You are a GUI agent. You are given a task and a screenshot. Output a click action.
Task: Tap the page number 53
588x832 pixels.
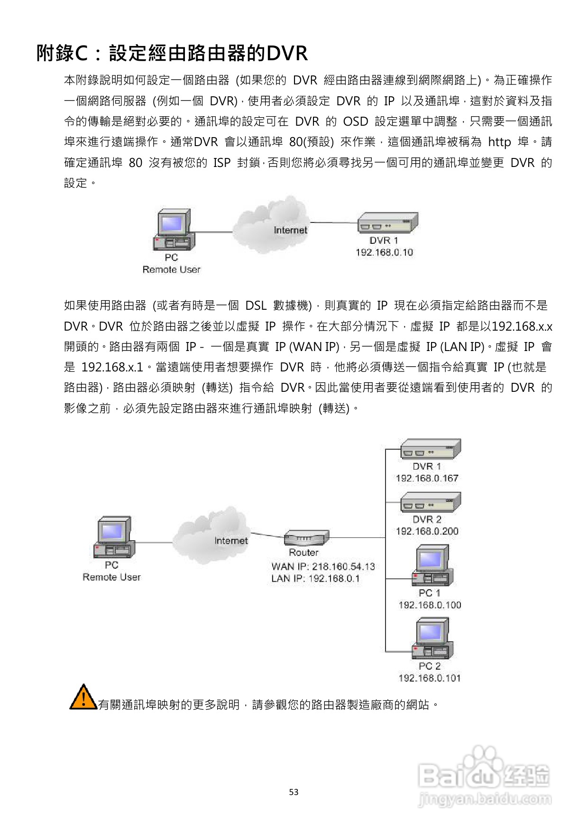point(294,792)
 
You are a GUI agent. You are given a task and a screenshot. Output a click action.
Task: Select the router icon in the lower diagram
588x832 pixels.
point(306,538)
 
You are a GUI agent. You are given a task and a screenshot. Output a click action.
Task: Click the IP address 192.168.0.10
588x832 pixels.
point(384,252)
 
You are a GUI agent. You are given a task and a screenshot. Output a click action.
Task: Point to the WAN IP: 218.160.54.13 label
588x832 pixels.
point(323,566)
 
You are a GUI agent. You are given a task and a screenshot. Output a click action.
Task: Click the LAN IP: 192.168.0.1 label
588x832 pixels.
point(315,578)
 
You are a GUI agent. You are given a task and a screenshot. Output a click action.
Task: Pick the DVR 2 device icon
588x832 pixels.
point(431,502)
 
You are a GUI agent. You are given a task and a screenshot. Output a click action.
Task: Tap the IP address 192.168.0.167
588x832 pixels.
point(427,478)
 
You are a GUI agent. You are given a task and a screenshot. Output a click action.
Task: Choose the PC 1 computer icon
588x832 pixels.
point(432,565)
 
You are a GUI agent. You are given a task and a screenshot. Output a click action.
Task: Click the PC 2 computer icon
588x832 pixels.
point(432,638)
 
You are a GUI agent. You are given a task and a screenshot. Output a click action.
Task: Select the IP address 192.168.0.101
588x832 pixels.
point(430,678)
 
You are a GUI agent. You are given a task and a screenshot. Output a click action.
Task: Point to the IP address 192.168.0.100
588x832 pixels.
point(430,605)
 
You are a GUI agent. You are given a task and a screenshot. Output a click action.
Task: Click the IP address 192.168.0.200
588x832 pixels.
point(427,531)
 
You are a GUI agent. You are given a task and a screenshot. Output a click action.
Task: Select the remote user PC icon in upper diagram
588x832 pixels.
point(174,230)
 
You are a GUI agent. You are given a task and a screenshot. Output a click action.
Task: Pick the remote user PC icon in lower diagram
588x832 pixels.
point(114,537)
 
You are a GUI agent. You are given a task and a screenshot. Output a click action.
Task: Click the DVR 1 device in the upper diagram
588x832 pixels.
point(387,222)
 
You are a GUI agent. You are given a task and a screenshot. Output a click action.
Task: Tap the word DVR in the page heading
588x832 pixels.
point(287,53)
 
